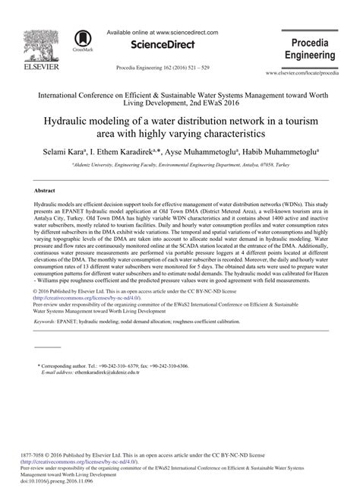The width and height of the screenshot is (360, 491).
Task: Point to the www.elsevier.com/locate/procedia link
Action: click(312, 74)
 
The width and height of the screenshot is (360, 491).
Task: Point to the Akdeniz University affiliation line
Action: click(179, 163)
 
